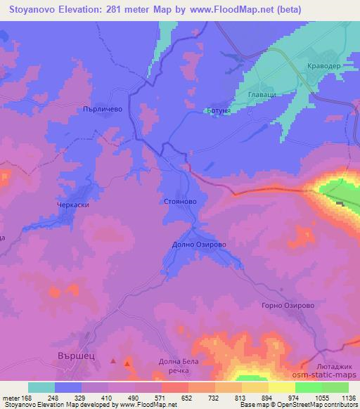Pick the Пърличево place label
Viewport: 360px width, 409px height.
(103, 110)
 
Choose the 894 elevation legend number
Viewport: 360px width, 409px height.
(268, 397)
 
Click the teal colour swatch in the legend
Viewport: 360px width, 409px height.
(41, 387)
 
